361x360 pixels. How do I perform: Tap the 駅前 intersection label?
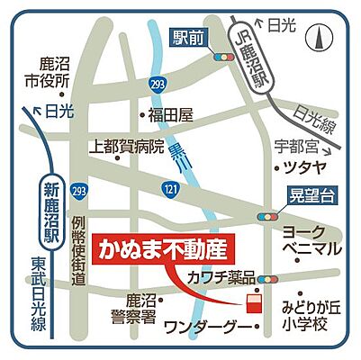pyautogui.click(x=188, y=37)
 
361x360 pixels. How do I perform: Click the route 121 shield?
pyautogui.click(x=169, y=186)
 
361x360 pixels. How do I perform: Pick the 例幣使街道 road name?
pyautogui.click(x=79, y=251)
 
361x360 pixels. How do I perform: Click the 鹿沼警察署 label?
pyautogui.click(x=141, y=305)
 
